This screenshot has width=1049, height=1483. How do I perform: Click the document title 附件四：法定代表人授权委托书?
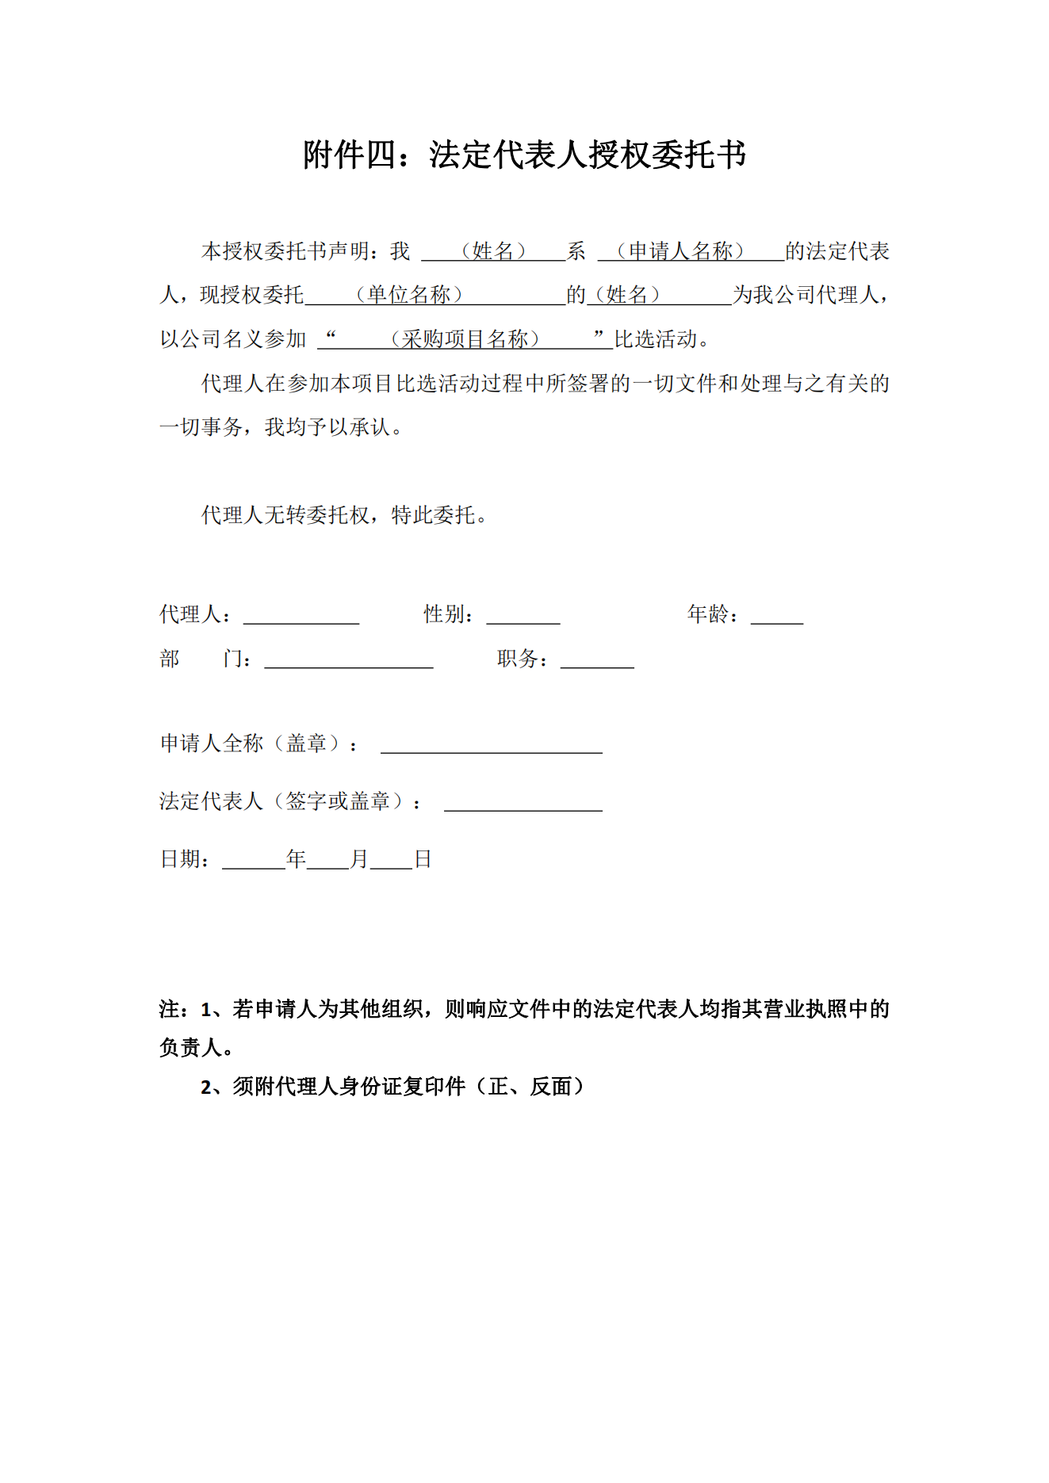coord(524,155)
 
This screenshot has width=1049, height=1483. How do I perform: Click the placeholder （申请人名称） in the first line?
coord(681,251)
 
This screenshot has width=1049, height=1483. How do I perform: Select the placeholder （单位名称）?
coord(409,295)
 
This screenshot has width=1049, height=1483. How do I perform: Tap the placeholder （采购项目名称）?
coord(465,339)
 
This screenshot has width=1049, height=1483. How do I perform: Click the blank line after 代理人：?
coord(301,615)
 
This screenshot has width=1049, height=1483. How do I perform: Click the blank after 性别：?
coord(523,615)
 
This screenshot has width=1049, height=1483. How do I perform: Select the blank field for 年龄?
coord(776,615)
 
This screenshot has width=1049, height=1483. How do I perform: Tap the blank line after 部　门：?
coord(348,659)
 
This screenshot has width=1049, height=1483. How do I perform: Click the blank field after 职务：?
coord(596,659)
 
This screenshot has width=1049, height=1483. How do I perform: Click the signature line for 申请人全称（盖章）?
coord(491,744)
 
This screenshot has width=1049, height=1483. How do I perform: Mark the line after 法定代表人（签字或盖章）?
coord(523,802)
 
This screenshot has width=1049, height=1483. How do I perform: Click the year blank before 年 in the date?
coord(253,860)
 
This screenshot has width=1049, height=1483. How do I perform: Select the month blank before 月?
coord(327,860)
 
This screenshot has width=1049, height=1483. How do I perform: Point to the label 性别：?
coord(449,614)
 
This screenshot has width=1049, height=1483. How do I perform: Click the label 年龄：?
coord(713,614)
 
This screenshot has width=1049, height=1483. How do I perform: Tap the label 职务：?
coord(523,659)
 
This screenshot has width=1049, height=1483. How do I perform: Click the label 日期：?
coord(186,859)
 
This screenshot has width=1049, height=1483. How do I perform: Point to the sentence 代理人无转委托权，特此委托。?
coord(344,515)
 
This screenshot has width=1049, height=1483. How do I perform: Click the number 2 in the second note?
coord(207,1087)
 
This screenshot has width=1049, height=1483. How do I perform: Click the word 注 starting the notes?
coord(170,1009)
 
